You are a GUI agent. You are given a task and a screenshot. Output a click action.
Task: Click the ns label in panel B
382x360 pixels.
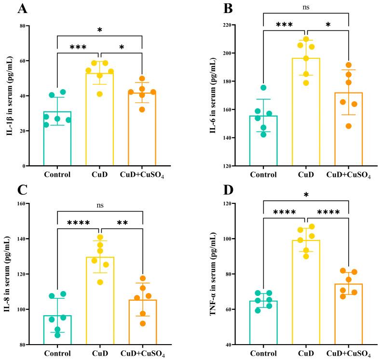(x=306, y=6)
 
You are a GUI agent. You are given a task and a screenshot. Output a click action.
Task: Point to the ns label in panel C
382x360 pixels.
(x=99, y=191)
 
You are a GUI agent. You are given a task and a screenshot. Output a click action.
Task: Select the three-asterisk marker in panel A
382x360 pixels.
(x=78, y=48)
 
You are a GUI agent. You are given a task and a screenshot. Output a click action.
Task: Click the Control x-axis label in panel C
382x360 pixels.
(x=57, y=354)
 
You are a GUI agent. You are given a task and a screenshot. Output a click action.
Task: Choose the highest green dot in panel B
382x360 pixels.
(x=263, y=88)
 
